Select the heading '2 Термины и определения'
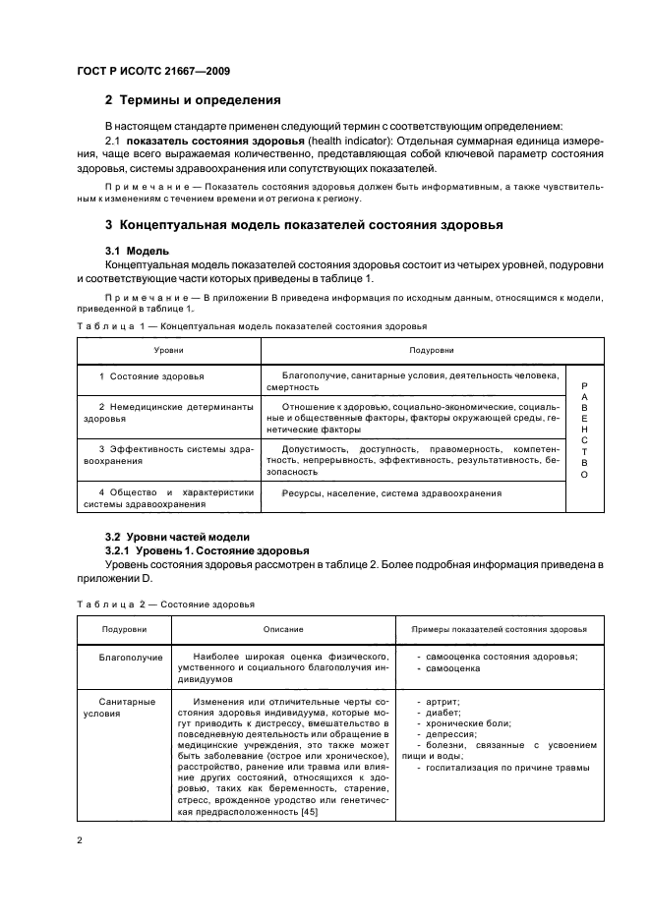click(x=193, y=100)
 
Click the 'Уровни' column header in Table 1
click(x=168, y=349)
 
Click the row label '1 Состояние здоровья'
click(x=151, y=376)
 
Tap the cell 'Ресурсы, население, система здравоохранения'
click(x=391, y=493)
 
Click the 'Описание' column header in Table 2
click(x=283, y=628)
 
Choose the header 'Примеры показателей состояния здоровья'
click(x=499, y=628)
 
